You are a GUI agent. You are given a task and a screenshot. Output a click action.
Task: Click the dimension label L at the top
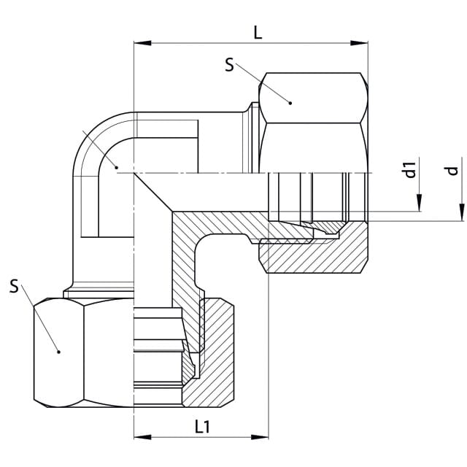coord(258,33)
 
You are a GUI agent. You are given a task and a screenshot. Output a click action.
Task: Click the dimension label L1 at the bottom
coord(203,426)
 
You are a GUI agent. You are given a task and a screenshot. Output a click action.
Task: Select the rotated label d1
coord(411,170)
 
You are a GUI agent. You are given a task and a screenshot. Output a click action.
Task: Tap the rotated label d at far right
coord(452,171)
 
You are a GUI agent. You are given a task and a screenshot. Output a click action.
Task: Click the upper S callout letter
coord(229,65)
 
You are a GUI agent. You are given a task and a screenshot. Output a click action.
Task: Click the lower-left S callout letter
coord(14,286)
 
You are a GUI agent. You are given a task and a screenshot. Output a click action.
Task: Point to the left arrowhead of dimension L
coord(143,43)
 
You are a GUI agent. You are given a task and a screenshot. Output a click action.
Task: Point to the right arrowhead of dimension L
coord(359,43)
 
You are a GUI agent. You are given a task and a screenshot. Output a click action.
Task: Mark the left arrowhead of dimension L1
coord(143,437)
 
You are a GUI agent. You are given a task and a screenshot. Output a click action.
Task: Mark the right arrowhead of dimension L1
coord(260,437)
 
